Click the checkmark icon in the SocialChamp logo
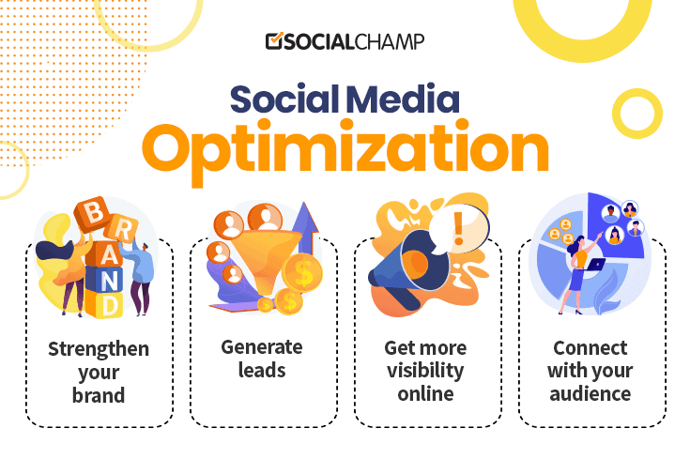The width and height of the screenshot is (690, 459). [x=273, y=41]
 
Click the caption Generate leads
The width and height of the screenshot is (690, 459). [x=262, y=359]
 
